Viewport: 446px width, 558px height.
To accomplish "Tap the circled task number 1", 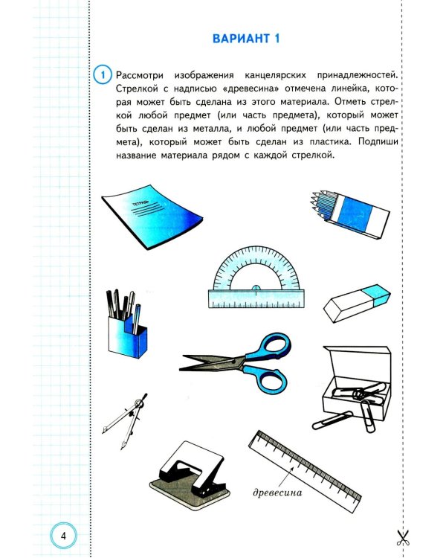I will [103, 74].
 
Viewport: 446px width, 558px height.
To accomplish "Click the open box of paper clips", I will [358, 379].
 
